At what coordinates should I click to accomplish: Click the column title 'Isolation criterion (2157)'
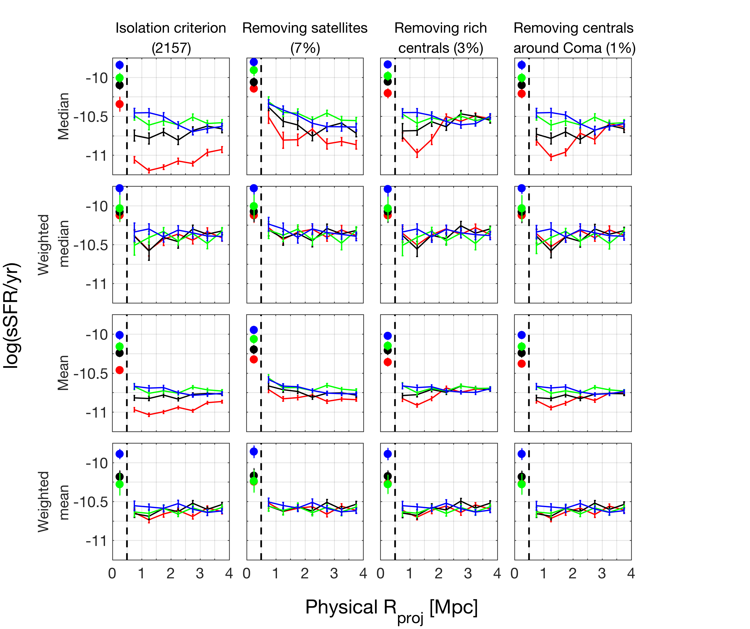coord(171,38)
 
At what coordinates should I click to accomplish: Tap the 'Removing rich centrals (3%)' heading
coord(440,38)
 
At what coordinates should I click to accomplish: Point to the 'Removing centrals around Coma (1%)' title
coord(574,38)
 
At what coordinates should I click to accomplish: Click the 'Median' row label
coord(63,116)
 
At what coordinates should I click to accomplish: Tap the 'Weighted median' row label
coord(54,245)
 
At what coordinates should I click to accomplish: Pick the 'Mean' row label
coord(63,373)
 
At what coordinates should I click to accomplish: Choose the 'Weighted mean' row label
coord(54,501)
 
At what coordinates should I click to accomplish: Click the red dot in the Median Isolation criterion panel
coord(120,104)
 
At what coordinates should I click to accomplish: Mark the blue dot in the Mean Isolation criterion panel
coord(120,335)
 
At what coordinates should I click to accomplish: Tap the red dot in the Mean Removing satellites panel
coord(254,359)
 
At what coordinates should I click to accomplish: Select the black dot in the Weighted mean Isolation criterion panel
coord(120,477)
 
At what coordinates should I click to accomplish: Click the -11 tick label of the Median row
coord(97,155)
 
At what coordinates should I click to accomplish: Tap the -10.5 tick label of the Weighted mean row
coord(91,502)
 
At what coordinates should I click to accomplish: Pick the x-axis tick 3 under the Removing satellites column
coord(334,574)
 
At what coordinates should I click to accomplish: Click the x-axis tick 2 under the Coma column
coord(572,574)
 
